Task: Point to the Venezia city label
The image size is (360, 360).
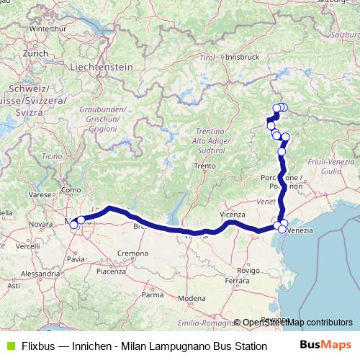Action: pos(300,230)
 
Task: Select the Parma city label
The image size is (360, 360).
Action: pos(153,294)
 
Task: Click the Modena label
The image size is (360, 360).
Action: pos(192,298)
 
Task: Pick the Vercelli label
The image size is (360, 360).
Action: pos(29,246)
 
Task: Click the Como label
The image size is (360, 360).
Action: pos(71,189)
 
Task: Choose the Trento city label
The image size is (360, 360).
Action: pos(204,166)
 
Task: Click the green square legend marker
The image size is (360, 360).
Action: pos(9,345)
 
